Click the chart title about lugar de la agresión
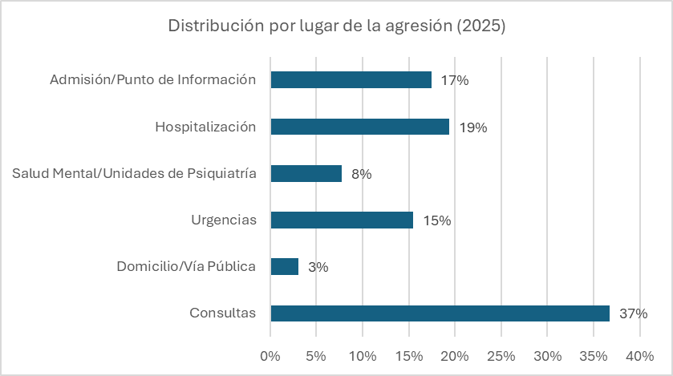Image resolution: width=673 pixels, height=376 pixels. click(336, 26)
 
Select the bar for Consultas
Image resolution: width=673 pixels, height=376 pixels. click(440, 313)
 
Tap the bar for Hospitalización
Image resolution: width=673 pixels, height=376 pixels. click(359, 127)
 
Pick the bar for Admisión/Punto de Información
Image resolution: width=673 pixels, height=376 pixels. click(351, 80)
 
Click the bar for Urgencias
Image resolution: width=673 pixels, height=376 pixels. click(342, 220)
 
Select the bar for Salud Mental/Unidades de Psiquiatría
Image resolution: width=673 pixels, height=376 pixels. click(306, 173)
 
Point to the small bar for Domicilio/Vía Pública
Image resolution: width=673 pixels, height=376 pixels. click(285, 266)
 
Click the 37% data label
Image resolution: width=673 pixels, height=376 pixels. click(633, 314)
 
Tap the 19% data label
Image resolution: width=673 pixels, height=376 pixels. click(472, 127)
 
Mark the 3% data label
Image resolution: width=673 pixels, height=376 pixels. click(318, 268)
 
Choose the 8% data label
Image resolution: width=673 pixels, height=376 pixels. click(361, 174)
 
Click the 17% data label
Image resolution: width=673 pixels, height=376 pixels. click(454, 81)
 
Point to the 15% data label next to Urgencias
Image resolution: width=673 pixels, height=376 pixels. click(436, 220)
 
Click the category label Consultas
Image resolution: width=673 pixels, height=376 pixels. click(222, 313)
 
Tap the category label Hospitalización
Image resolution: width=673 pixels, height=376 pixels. click(205, 127)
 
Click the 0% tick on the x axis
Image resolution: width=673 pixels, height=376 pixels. click(270, 355)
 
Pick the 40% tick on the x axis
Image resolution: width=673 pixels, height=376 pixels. click(640, 355)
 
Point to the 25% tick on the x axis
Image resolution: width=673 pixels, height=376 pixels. click(501, 355)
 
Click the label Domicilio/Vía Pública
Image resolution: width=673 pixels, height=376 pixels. click(186, 267)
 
